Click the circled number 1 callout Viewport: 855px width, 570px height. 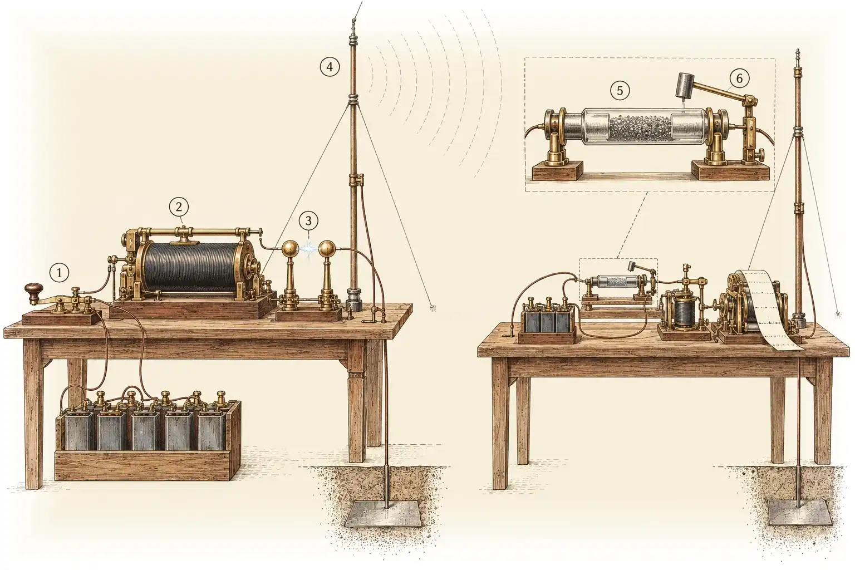[59, 273]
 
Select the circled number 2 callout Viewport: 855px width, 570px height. [179, 207]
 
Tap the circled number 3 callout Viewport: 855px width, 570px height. [308, 220]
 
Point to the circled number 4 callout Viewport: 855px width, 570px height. [330, 67]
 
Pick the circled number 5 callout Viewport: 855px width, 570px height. [620, 91]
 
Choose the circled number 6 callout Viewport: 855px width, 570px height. [739, 78]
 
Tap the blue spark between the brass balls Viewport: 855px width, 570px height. [308, 248]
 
